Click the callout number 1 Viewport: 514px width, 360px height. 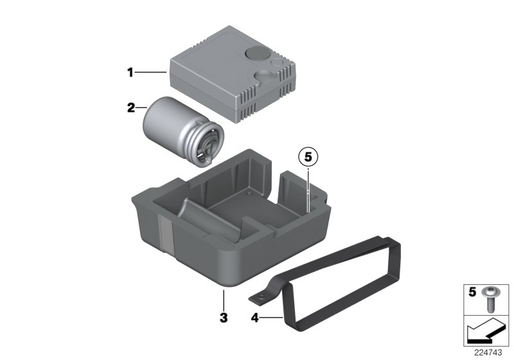coord(130,73)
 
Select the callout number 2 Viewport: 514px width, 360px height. coord(131,108)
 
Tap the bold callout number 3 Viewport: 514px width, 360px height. coord(223,317)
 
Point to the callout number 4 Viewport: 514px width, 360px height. coord(254,317)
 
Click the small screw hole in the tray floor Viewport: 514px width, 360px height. coord(249,193)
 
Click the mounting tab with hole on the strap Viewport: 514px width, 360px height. coord(260,298)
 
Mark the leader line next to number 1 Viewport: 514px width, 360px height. coord(153,73)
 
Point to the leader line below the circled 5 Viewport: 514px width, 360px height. coord(308,186)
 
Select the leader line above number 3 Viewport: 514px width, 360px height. coord(223,299)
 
